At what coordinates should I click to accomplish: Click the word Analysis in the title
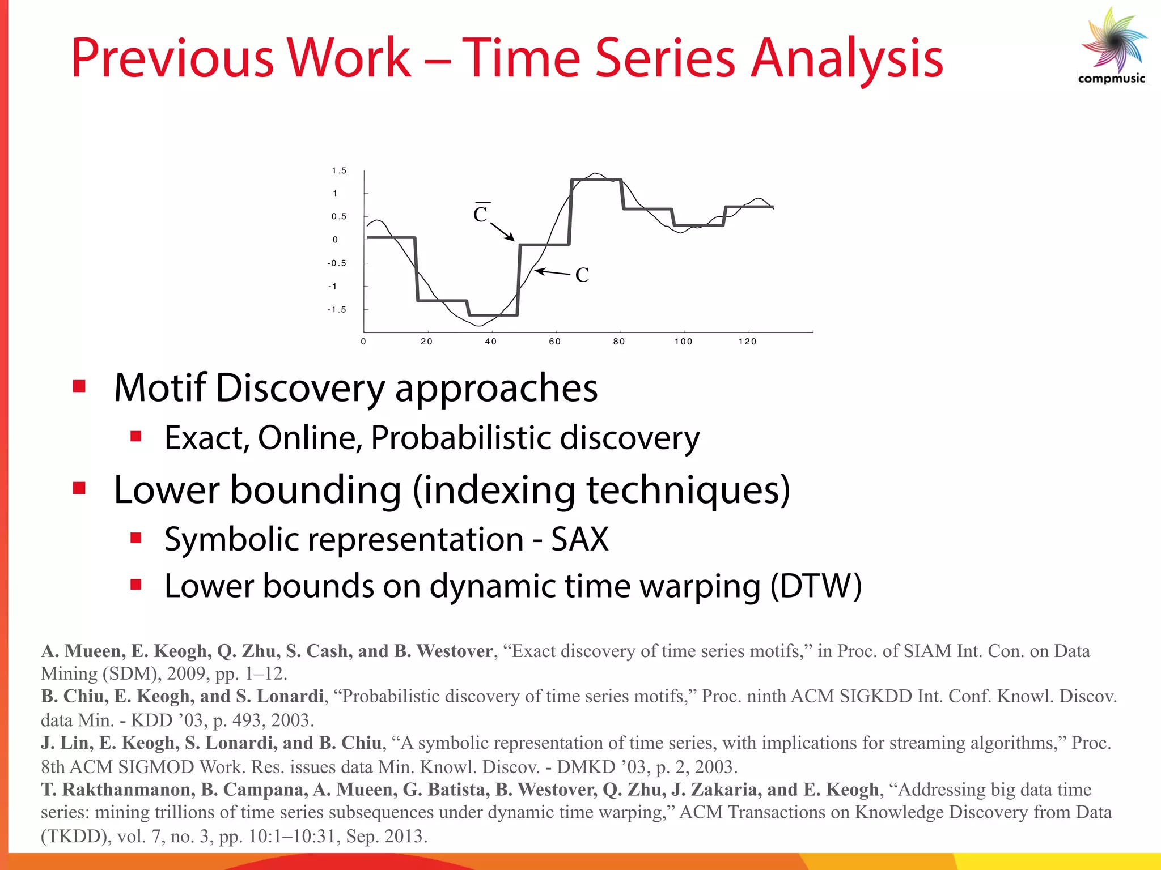pos(847,58)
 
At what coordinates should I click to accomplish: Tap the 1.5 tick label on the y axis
pos(339,170)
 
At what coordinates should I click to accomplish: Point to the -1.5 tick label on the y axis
pos(337,309)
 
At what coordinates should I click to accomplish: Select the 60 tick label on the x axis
pos(554,342)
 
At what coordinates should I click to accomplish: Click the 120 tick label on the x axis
pos(747,342)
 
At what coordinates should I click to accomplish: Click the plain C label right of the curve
pos(582,275)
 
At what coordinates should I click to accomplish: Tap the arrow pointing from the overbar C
pos(502,232)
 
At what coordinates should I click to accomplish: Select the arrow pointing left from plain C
pos(552,272)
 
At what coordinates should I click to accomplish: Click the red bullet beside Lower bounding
pos(79,488)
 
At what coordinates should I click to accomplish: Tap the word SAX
pos(580,539)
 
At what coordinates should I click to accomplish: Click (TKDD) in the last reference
pos(76,836)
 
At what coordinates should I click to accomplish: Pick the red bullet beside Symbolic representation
pos(135,538)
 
